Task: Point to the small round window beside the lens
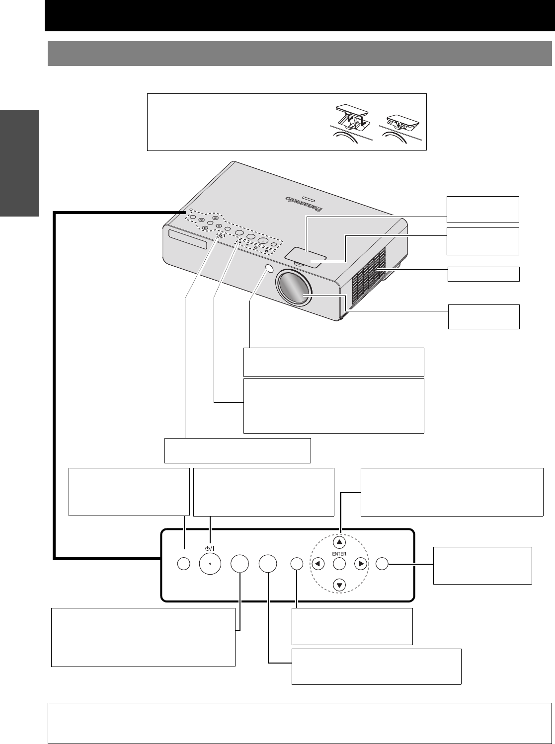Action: [269, 269]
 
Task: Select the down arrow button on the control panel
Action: [339, 585]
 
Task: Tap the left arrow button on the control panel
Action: [318, 564]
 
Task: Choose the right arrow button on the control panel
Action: [361, 564]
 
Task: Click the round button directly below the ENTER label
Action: [339, 564]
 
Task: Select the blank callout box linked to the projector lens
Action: [483, 317]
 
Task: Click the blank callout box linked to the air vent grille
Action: [483, 274]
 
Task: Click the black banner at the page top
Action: [300, 15]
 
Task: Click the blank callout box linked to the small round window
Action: [333, 362]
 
